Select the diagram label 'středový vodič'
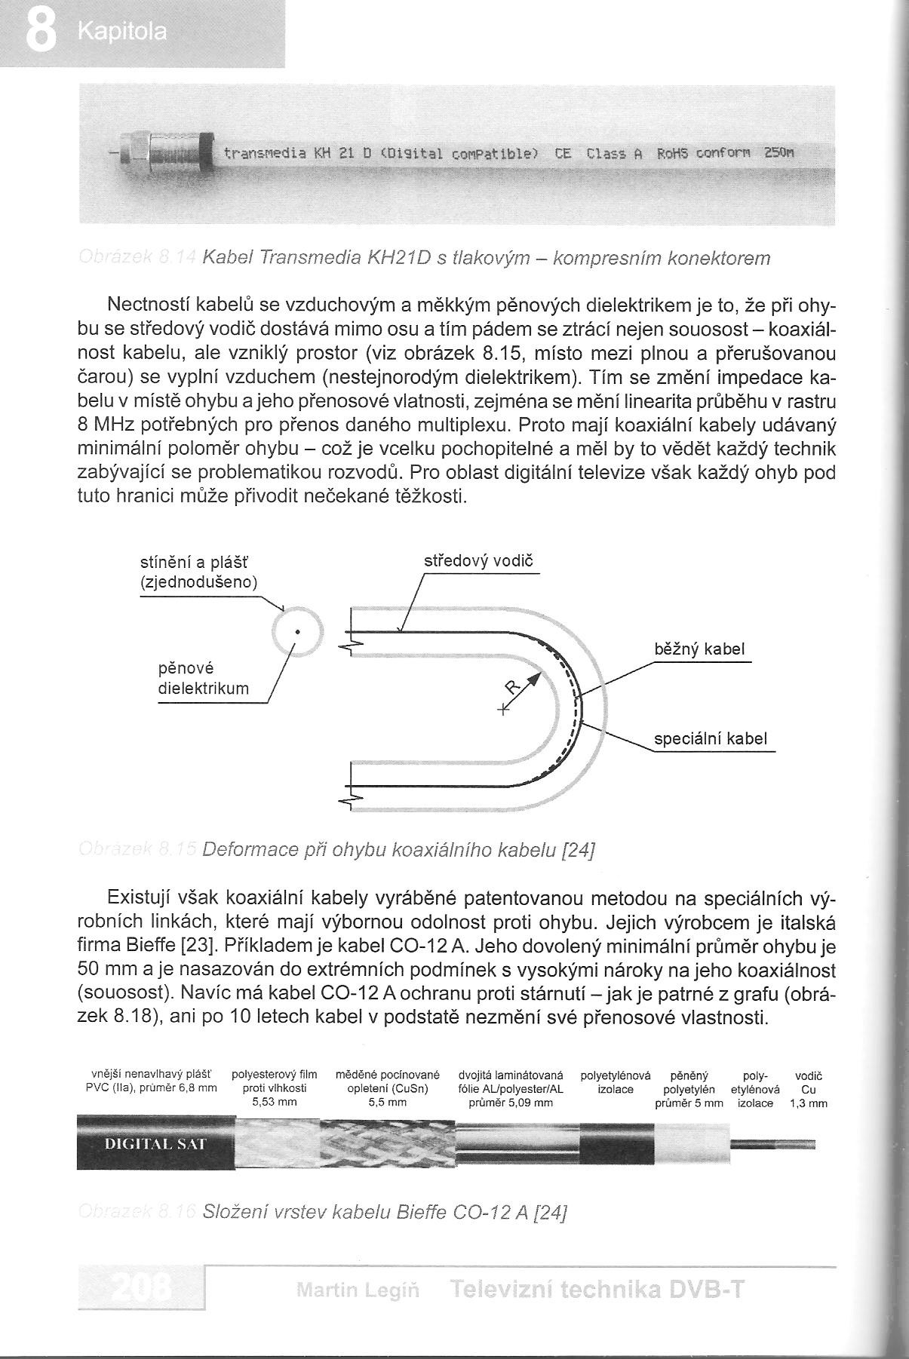478,562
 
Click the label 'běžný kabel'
699,649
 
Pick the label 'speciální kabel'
711,738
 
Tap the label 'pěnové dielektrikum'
203,678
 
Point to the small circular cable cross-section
298,632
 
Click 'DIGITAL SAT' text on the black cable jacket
155,1143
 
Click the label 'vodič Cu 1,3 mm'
809,1089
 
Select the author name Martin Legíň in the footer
358,1290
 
